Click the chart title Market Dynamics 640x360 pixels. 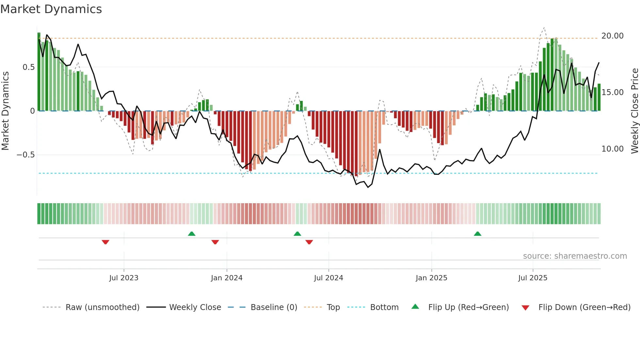click(x=51, y=9)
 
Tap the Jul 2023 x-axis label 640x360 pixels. click(x=124, y=278)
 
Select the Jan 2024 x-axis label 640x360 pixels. click(x=227, y=278)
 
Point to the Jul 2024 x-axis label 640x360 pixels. click(x=328, y=278)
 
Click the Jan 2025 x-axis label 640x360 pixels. click(x=431, y=278)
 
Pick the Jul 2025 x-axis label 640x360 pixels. click(x=533, y=278)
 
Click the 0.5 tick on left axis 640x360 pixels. click(x=28, y=67)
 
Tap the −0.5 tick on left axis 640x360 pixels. click(x=26, y=155)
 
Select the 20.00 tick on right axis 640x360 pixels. click(x=612, y=36)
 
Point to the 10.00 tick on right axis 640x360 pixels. click(x=612, y=149)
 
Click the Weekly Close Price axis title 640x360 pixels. click(x=634, y=111)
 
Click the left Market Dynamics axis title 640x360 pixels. click(x=5, y=111)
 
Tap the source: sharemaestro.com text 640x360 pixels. click(x=575, y=256)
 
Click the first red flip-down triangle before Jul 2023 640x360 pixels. click(x=105, y=242)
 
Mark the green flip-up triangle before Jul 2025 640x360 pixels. click(x=477, y=234)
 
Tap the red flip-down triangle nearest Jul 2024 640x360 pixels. click(x=309, y=242)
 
